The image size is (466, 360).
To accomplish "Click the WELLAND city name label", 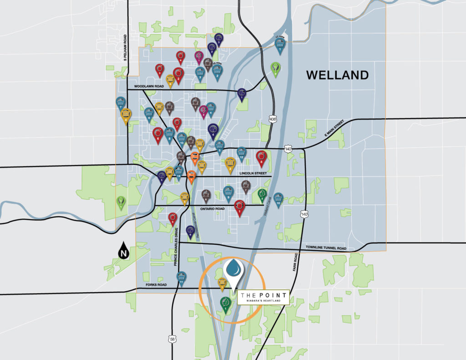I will [x=337, y=75].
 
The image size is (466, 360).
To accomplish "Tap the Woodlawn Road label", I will [x=148, y=86].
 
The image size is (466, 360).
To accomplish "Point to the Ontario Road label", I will [x=212, y=208].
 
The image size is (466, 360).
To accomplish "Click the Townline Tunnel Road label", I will [x=326, y=248].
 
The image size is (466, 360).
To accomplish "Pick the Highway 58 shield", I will [x=172, y=339].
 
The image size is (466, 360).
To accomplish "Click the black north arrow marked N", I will [x=123, y=251].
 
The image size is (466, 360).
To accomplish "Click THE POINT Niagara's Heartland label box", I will [x=266, y=296].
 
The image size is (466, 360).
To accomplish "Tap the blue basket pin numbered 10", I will [x=279, y=199].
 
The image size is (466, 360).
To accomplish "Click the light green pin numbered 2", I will [x=275, y=68].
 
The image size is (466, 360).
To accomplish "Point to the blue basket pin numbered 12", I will [x=242, y=153].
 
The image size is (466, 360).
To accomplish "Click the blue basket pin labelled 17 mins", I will [x=280, y=46].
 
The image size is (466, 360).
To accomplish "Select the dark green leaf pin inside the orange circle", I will [x=225, y=303].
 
